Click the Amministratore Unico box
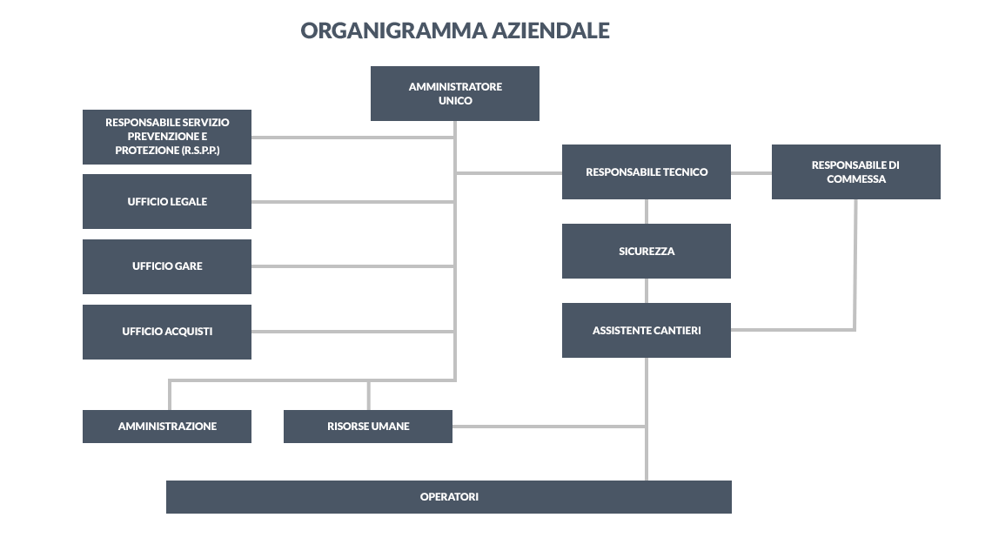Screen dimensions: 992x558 pos(455,94)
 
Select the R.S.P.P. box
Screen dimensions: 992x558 pos(167,137)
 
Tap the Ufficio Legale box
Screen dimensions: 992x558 pos(167,201)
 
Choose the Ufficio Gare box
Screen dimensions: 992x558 pos(167,266)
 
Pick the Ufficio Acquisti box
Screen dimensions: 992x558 pos(167,332)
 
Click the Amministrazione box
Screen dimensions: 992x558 pos(167,427)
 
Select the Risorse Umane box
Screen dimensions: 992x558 pos(368,427)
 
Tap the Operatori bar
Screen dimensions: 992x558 pos(449,497)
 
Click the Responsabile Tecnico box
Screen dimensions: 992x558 pos(647,172)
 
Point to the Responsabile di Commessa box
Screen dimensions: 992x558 pos(856,172)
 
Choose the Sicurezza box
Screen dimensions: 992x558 pos(647,252)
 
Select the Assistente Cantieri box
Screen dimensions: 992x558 pos(647,330)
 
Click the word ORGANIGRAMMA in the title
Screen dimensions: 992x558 pos(393,30)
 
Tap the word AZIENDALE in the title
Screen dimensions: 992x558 pos(551,30)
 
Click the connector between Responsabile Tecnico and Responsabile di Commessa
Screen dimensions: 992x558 pos(752,172)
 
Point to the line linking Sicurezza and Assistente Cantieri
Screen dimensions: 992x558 pos(647,291)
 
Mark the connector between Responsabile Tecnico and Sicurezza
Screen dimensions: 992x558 pos(647,212)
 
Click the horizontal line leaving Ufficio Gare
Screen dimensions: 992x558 pos(352,266)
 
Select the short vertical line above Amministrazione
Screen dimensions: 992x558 pos(170,395)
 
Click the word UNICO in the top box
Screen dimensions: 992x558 pos(455,101)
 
